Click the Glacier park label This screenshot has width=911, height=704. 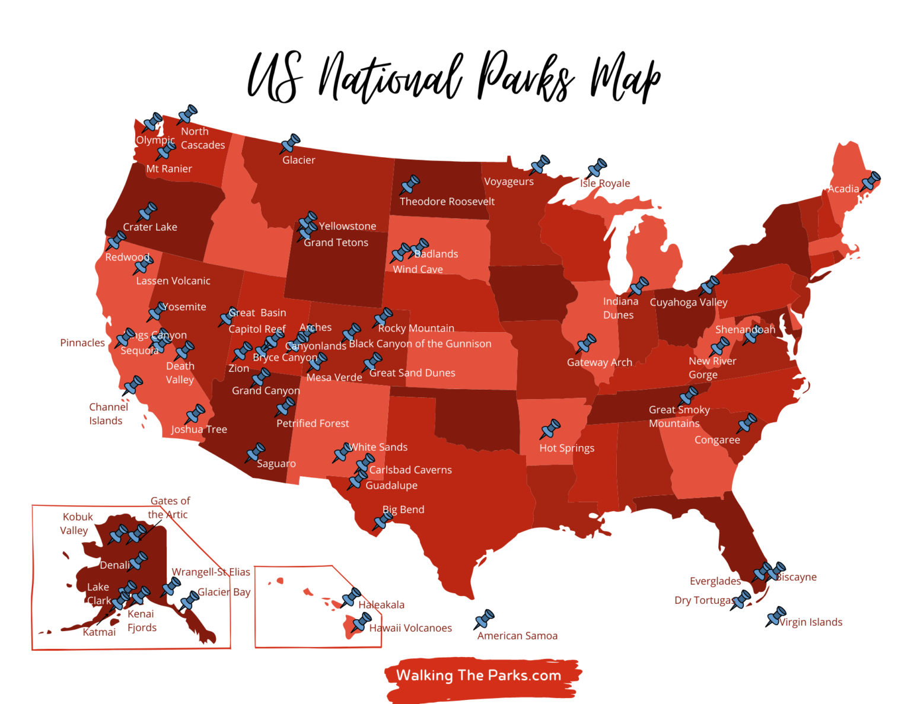pyautogui.click(x=298, y=160)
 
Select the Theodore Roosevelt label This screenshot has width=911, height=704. pyautogui.click(x=447, y=202)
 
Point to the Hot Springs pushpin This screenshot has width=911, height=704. pyautogui.click(x=550, y=429)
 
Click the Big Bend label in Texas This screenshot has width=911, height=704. pyautogui.click(x=403, y=509)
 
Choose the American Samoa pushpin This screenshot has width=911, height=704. pyautogui.click(x=484, y=620)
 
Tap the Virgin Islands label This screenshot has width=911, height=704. pyautogui.click(x=810, y=622)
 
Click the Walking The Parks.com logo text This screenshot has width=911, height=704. pyautogui.click(x=479, y=676)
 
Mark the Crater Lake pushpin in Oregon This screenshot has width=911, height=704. pyautogui.click(x=146, y=212)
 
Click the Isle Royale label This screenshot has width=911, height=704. pyautogui.click(x=605, y=183)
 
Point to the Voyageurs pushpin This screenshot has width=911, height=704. pyautogui.click(x=540, y=165)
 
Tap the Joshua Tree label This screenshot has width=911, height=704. pyautogui.click(x=199, y=429)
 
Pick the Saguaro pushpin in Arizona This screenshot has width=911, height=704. pyautogui.click(x=255, y=453)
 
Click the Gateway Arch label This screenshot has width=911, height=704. pyautogui.click(x=599, y=362)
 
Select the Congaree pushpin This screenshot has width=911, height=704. pyautogui.click(x=746, y=424)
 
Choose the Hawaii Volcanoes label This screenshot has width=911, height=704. pyautogui.click(x=410, y=628)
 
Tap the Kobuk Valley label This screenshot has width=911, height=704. pyautogui.click(x=77, y=524)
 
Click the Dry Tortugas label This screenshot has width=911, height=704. pyautogui.click(x=703, y=600)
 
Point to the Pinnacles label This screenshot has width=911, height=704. pyautogui.click(x=82, y=343)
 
